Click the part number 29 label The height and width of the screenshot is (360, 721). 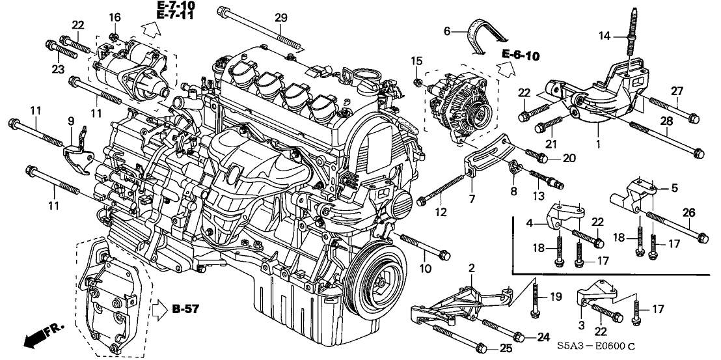(x=280, y=17)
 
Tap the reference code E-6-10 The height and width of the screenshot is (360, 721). (x=521, y=56)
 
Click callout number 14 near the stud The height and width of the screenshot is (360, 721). (x=605, y=36)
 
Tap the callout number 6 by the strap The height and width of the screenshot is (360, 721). (x=447, y=30)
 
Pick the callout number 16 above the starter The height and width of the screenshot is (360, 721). (x=115, y=17)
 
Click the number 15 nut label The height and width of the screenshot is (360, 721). (x=413, y=61)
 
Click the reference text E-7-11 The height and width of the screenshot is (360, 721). (x=175, y=17)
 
